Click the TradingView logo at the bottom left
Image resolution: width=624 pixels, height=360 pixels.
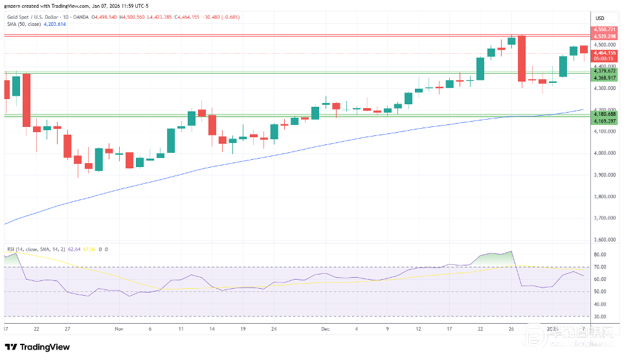[x=38, y=348]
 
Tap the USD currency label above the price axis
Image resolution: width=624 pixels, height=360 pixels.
[x=599, y=17]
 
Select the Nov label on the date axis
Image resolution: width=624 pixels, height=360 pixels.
[x=118, y=328]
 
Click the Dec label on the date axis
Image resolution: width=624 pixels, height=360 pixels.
[x=325, y=328]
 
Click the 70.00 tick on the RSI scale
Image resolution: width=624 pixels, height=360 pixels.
[x=599, y=267]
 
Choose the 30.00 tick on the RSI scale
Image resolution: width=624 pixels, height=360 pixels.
[x=599, y=317]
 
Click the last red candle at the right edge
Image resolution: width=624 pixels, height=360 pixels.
[x=584, y=49]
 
